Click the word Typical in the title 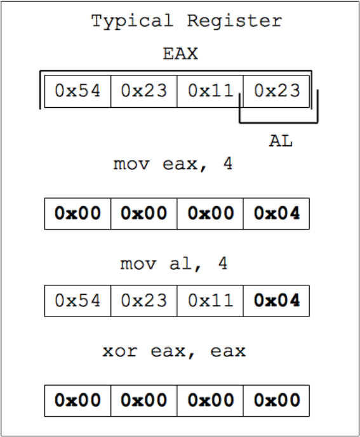[x=132, y=22]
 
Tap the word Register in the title [x=234, y=21]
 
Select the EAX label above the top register [x=180, y=53]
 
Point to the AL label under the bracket [x=281, y=141]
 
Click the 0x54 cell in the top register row [x=77, y=91]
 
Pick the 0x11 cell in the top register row [x=210, y=91]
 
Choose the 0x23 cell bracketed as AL [x=276, y=91]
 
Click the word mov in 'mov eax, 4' [x=131, y=164]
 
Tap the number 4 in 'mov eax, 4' [x=228, y=164]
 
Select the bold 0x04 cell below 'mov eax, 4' [x=276, y=214]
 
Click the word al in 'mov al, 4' [x=181, y=264]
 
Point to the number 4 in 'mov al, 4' [x=223, y=263]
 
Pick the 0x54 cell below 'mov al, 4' [x=77, y=301]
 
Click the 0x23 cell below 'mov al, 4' [x=144, y=301]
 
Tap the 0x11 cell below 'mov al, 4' [x=210, y=301]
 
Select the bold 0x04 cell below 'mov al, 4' [x=276, y=301]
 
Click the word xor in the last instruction [x=120, y=351]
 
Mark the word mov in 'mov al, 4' [x=138, y=264]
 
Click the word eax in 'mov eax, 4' [x=180, y=164]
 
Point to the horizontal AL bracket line [x=279, y=122]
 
